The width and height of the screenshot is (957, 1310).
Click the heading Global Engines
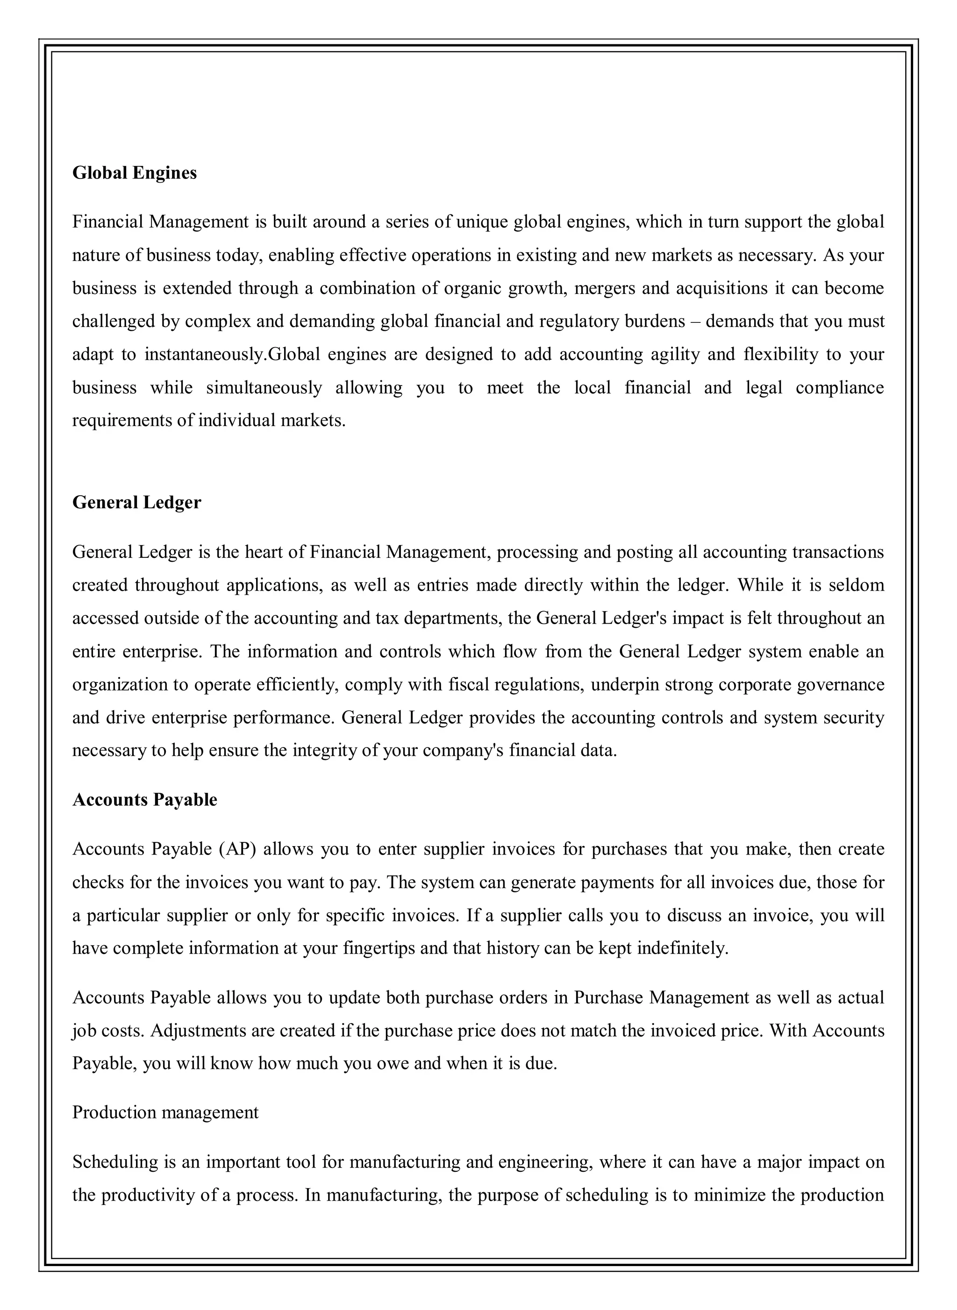coord(135,172)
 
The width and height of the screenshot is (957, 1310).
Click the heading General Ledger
coord(137,502)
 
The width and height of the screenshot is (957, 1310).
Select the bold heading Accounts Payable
coord(145,799)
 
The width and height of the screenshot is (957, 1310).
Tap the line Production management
coord(165,1112)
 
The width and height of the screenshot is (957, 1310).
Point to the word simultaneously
coord(264,387)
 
